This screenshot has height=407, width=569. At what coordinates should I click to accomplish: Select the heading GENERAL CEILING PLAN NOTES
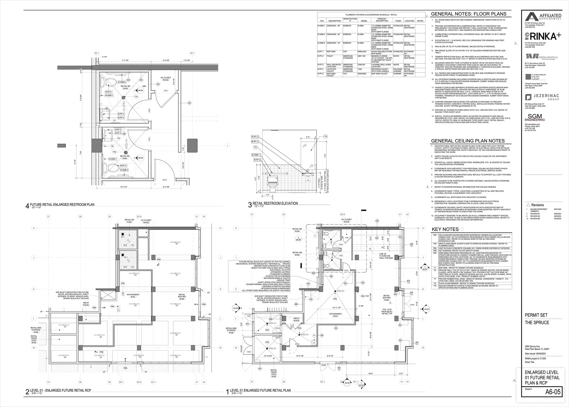tap(468, 141)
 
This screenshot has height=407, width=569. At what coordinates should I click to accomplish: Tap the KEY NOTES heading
tap(445, 229)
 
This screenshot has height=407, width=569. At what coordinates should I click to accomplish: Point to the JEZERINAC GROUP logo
tap(539, 97)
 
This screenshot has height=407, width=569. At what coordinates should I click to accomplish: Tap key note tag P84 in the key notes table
tap(435, 253)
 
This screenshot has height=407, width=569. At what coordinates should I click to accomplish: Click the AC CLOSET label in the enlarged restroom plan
tap(166, 79)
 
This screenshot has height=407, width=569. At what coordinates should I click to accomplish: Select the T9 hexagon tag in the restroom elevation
tap(325, 136)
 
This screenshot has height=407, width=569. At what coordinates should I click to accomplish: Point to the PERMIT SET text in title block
tap(536, 315)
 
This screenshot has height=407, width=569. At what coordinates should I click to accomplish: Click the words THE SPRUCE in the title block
tap(537, 322)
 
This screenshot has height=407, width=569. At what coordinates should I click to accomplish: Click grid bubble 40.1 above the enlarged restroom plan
tap(192, 53)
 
